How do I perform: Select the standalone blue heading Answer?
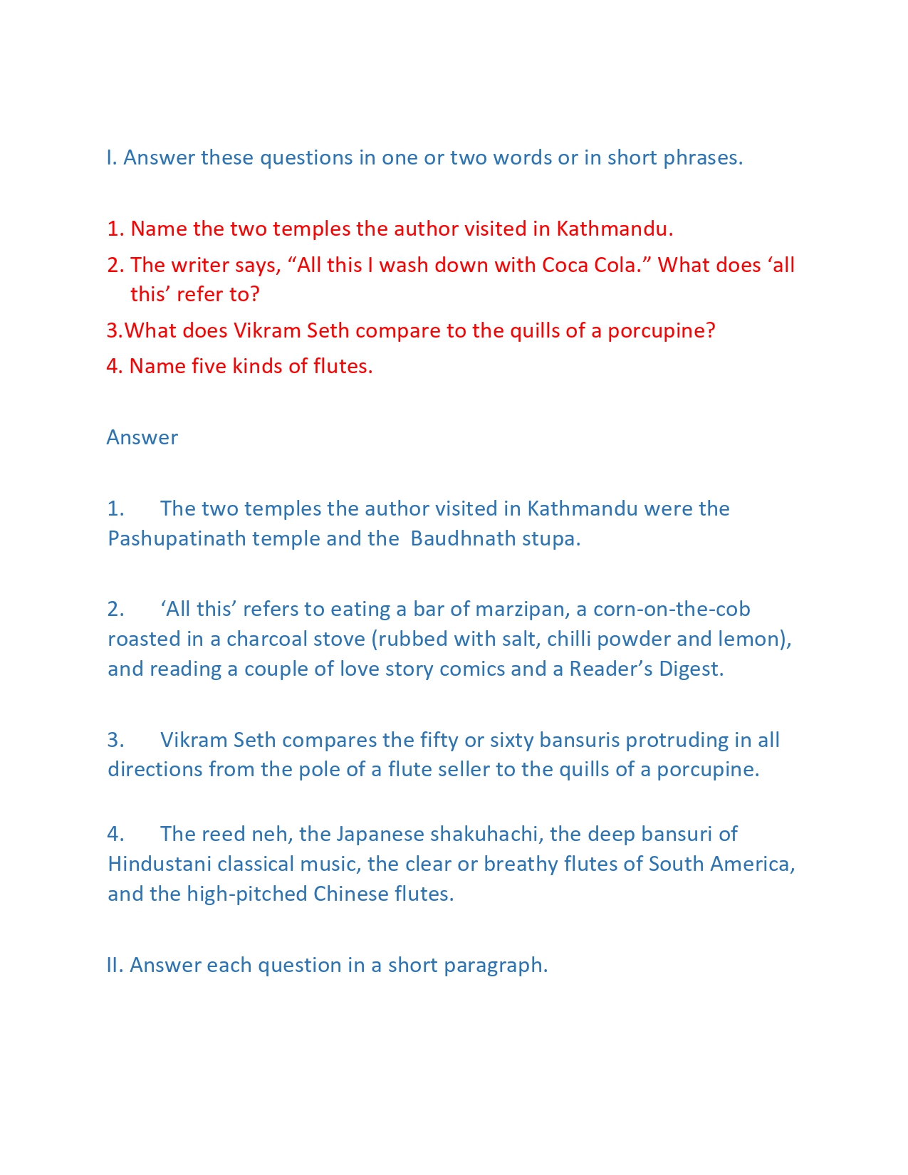(142, 437)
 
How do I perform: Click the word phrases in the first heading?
(703, 158)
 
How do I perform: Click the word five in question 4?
(209, 366)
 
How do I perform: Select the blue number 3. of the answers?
(116, 741)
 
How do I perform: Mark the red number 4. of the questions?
(115, 366)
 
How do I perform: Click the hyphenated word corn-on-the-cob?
(672, 610)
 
